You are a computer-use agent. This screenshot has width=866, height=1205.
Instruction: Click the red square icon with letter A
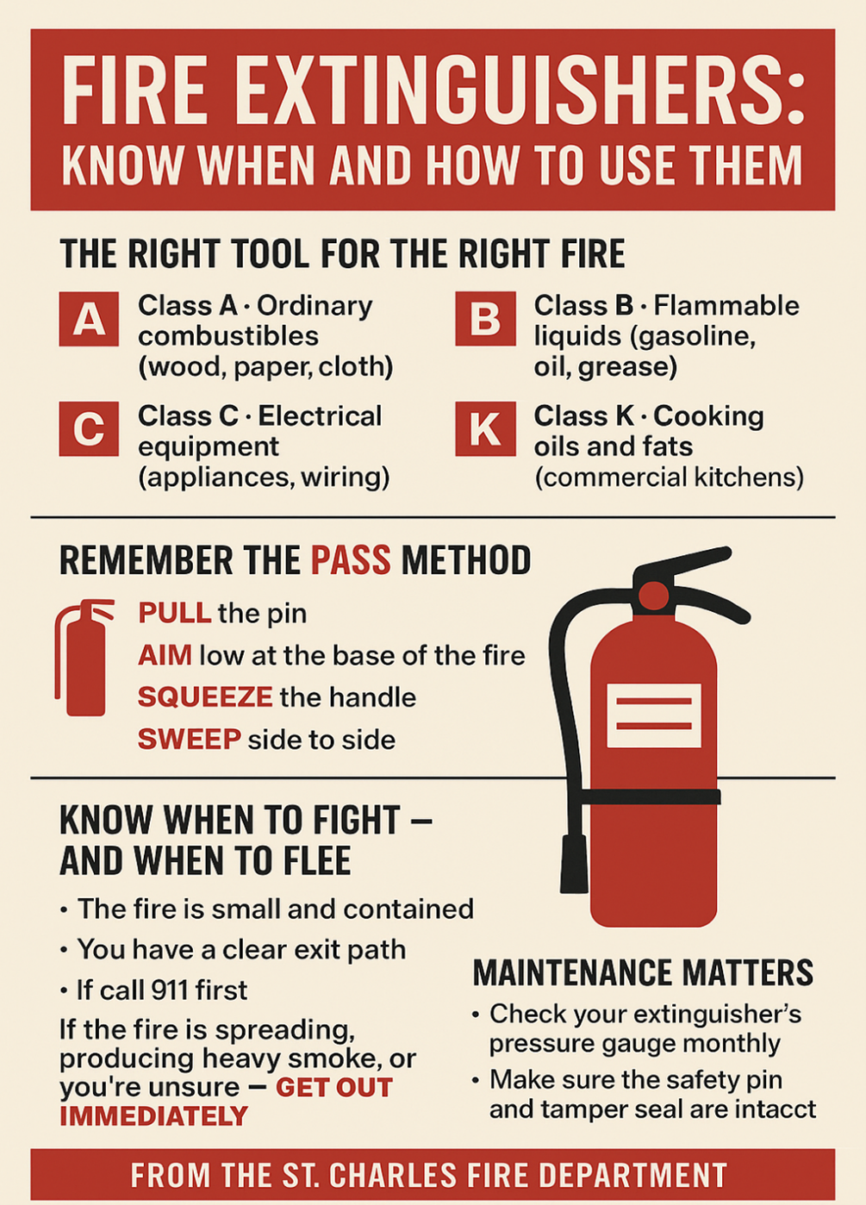click(x=89, y=319)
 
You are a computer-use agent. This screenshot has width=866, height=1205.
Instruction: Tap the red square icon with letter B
click(x=485, y=319)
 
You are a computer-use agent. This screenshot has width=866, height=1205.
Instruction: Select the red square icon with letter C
click(x=89, y=428)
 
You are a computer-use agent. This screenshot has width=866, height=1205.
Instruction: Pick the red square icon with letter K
click(x=485, y=428)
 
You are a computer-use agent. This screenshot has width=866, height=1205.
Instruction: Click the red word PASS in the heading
click(x=350, y=560)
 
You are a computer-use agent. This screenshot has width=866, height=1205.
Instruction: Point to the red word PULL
click(x=174, y=613)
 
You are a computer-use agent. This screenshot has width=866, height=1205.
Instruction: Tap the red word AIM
click(x=165, y=655)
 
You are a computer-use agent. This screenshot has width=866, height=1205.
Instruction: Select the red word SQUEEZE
click(x=205, y=696)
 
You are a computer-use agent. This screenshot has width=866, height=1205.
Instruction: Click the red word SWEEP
click(x=189, y=739)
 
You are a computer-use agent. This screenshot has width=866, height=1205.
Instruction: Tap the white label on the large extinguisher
click(x=653, y=715)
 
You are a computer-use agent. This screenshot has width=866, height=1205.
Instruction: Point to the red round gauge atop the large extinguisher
click(x=653, y=596)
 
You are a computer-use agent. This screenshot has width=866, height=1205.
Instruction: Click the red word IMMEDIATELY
click(x=153, y=1116)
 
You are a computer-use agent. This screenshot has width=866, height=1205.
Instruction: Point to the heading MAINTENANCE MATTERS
click(x=643, y=972)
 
